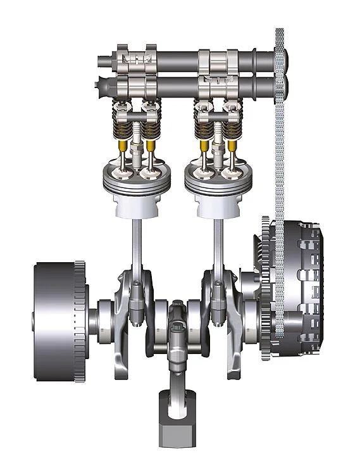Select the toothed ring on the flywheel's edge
pos(80,323)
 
